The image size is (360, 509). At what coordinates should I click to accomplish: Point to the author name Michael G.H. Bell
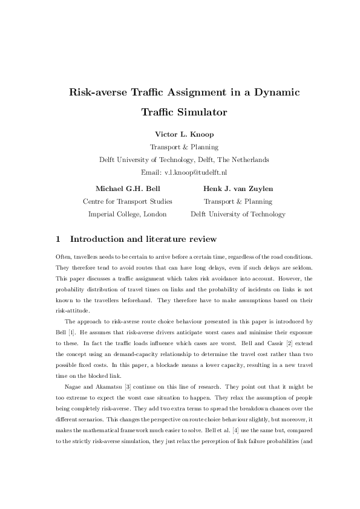128,189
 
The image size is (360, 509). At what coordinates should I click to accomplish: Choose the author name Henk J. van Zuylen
238,189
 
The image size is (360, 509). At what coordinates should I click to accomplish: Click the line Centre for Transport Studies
128,201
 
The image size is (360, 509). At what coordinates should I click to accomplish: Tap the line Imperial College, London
128,214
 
